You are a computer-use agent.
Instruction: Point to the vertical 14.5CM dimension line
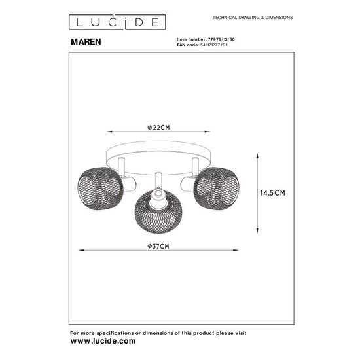[256, 193]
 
